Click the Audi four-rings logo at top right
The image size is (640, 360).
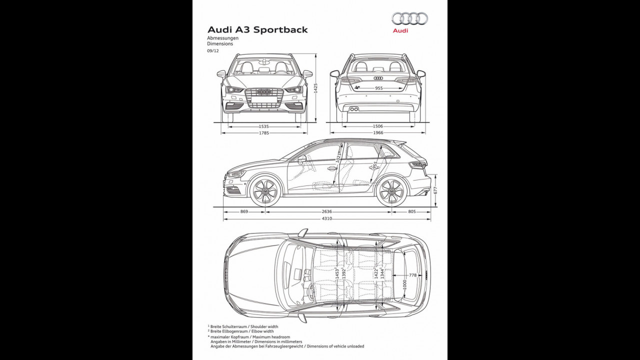pyautogui.click(x=409, y=18)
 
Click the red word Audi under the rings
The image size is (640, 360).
pyautogui.click(x=400, y=30)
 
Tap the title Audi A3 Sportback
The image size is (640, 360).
pyautogui.click(x=257, y=29)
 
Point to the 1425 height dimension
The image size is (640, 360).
pyautogui.click(x=315, y=88)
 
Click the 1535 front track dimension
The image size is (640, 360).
pyautogui.click(x=264, y=127)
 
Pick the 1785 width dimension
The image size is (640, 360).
pyautogui.click(x=264, y=133)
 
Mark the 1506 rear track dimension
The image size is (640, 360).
pyautogui.click(x=378, y=127)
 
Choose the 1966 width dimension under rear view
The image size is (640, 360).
pyautogui.click(x=378, y=133)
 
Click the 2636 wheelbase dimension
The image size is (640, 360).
pyautogui.click(x=326, y=212)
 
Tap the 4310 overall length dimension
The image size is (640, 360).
pyautogui.click(x=326, y=218)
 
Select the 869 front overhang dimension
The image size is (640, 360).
pyautogui.click(x=244, y=212)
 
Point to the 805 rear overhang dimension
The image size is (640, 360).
pyautogui.click(x=411, y=212)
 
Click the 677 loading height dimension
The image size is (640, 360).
pyautogui.click(x=435, y=190)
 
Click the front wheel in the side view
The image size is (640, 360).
pyautogui.click(x=264, y=191)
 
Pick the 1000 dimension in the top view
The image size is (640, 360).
pyautogui.click(x=404, y=284)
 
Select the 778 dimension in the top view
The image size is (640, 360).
pyautogui.click(x=412, y=275)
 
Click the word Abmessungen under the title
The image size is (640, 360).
pyautogui.click(x=223, y=38)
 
